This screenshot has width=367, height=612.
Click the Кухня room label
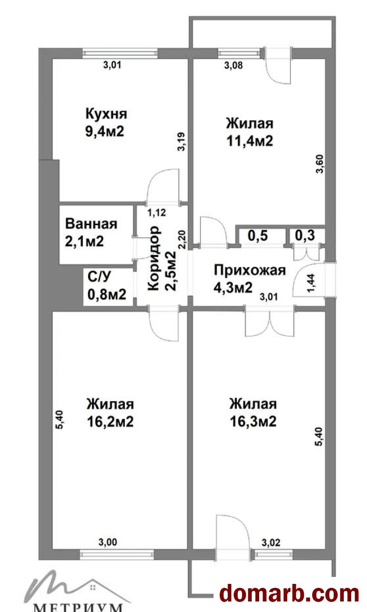click(x=106, y=114)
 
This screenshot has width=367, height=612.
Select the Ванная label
click(x=91, y=224)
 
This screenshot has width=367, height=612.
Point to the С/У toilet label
click(x=100, y=276)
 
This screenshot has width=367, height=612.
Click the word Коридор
click(x=153, y=258)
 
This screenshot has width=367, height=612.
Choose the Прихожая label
click(x=249, y=270)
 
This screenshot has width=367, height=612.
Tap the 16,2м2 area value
click(x=110, y=422)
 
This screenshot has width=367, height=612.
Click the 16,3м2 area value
click(x=253, y=422)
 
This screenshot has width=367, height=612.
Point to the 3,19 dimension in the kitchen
click(x=182, y=141)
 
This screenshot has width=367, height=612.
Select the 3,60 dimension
click(x=320, y=164)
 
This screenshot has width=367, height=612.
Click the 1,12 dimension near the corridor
click(x=157, y=212)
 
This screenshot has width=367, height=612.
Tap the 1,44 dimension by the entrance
click(x=311, y=283)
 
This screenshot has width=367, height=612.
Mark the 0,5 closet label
click(x=258, y=236)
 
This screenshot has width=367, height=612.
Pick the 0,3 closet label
click(x=305, y=235)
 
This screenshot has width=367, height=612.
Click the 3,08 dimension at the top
click(x=233, y=65)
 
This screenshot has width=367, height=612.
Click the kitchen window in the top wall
click(x=120, y=53)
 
